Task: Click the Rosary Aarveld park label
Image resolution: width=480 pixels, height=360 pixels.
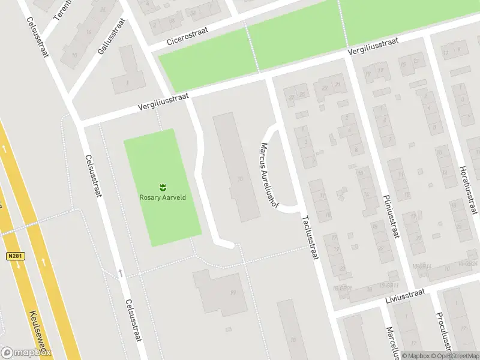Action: pyautogui.click(x=161, y=196)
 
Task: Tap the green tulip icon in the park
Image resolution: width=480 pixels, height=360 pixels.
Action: pyautogui.click(x=161, y=186)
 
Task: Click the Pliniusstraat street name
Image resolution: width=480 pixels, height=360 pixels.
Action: pyautogui.click(x=389, y=216)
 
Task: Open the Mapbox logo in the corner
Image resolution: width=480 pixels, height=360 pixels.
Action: pyautogui.click(x=26, y=353)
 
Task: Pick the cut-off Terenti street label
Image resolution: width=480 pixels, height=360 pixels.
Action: pyautogui.click(x=62, y=11)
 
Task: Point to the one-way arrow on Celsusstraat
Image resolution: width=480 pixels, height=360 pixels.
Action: pyautogui.click(x=121, y=273)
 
